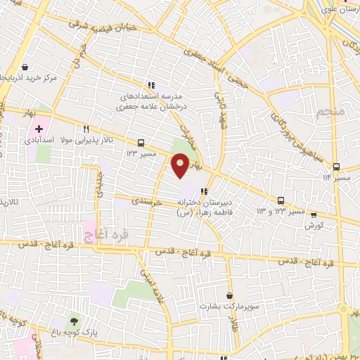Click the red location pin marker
[x=181, y=165]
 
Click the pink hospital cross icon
[x=39, y=129]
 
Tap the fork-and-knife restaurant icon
[x=86, y=129]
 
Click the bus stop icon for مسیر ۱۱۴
[x=336, y=167]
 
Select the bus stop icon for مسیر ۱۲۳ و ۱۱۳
[x=281, y=200]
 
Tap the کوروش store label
[x=314, y=226]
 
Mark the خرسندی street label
[x=148, y=201]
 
